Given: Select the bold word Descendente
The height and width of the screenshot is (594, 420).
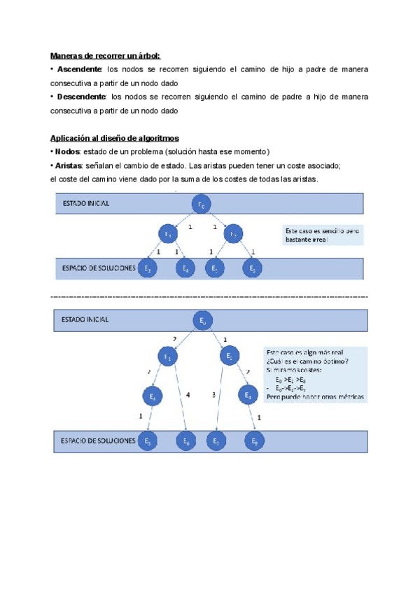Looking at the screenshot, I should tap(82, 97).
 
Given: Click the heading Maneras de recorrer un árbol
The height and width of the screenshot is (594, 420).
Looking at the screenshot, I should tap(105, 55).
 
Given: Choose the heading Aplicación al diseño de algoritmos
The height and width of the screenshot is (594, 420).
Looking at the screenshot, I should tap(114, 139).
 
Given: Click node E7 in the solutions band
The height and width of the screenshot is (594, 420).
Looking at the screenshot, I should tap(216, 441).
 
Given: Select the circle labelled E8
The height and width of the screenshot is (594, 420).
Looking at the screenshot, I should tap(255, 441).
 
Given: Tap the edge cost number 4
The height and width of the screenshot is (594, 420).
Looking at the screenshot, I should tap(188, 396).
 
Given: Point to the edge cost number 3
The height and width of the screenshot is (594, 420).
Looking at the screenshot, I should tap(213, 396).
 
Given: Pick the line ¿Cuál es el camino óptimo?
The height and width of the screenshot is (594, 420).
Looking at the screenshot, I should tap(307, 361).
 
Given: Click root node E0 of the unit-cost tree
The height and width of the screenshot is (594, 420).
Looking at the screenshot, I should tap(201, 204).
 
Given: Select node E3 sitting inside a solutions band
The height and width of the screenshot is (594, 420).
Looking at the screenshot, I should tap(147, 268).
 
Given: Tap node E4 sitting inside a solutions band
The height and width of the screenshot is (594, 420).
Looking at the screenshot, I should tap(185, 268).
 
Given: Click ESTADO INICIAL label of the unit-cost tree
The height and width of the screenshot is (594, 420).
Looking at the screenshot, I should tap(85, 204).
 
